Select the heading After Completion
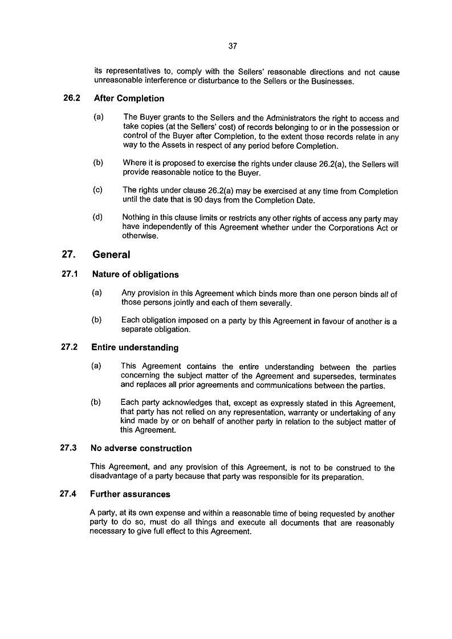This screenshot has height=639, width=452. (x=129, y=98)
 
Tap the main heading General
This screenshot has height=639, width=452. (x=111, y=255)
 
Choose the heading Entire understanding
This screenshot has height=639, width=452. (x=134, y=347)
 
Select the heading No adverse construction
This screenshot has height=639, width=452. (x=141, y=448)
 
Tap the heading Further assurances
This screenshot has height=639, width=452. (x=130, y=494)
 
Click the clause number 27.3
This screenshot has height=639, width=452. (x=68, y=448)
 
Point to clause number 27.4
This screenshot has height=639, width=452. (x=68, y=494)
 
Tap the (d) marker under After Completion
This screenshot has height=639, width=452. (x=98, y=218)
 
